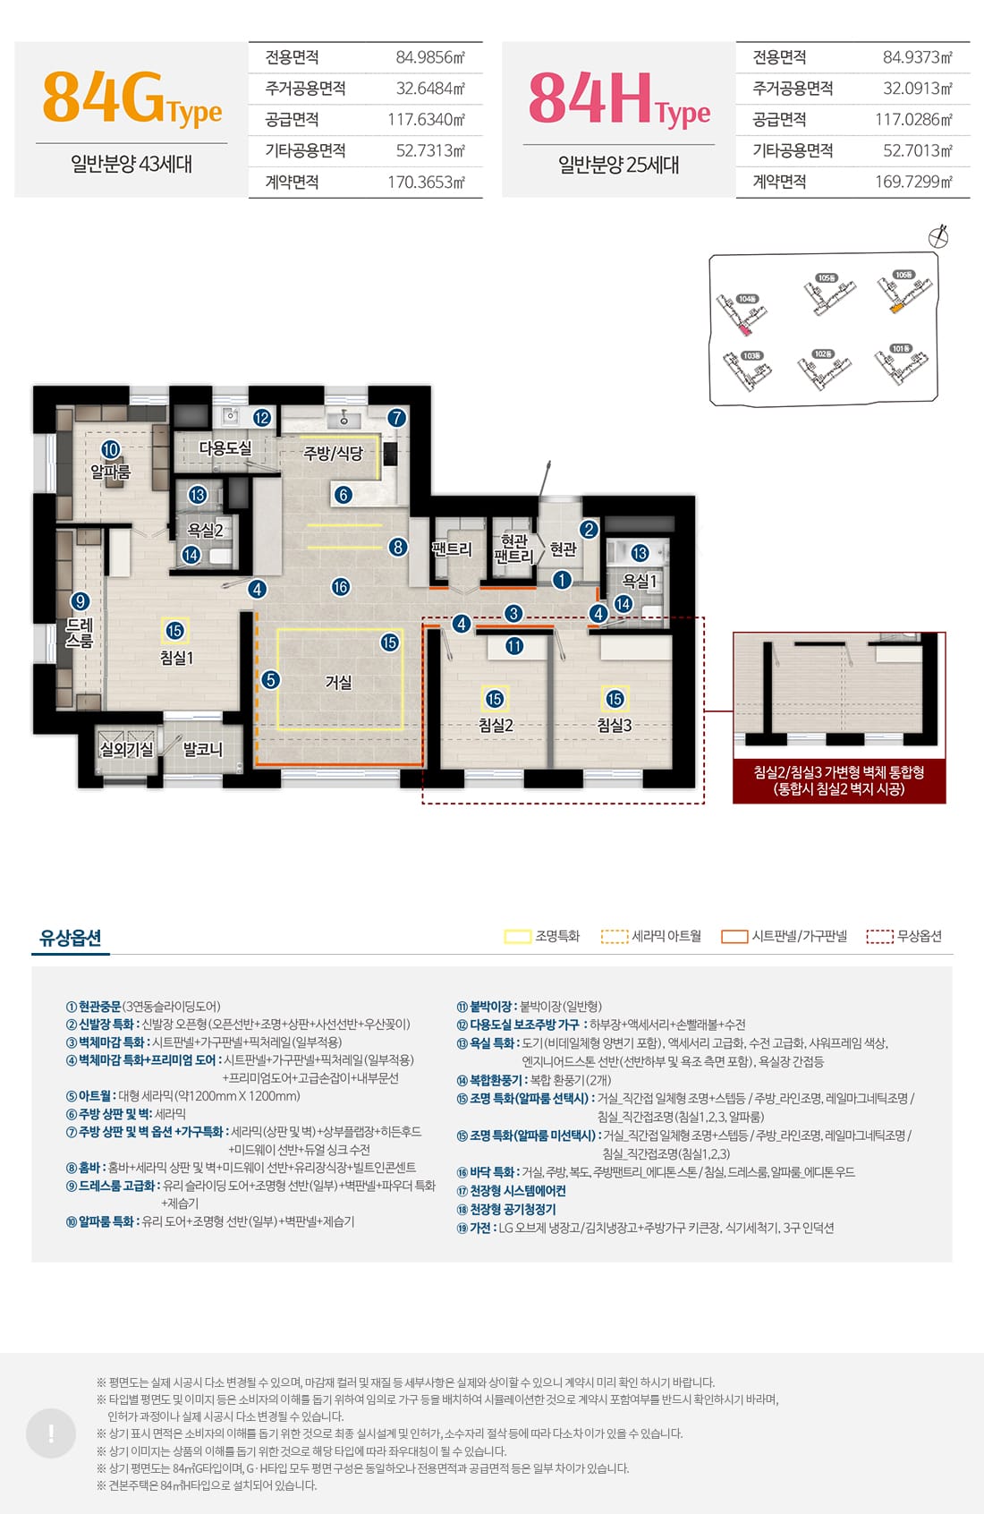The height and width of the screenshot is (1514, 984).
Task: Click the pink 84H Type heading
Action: (619, 99)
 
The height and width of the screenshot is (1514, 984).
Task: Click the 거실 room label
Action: (338, 683)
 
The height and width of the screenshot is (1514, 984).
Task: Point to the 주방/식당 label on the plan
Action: (333, 454)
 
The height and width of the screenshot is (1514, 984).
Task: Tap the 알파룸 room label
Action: (110, 471)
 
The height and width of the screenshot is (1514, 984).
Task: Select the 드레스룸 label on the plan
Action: (80, 633)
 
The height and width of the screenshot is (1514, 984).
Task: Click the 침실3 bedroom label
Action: (615, 726)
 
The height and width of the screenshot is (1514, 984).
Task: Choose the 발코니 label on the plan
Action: (202, 749)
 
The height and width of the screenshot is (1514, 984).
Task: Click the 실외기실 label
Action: (126, 749)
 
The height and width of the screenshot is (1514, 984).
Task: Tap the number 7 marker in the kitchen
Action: (396, 418)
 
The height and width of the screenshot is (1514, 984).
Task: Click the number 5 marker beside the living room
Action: (271, 680)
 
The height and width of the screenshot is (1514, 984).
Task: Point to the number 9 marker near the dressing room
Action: (81, 601)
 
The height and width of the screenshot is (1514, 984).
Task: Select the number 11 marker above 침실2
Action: (514, 646)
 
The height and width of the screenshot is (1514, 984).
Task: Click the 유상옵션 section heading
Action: (71, 938)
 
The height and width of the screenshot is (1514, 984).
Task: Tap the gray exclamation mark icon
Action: (51, 1433)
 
